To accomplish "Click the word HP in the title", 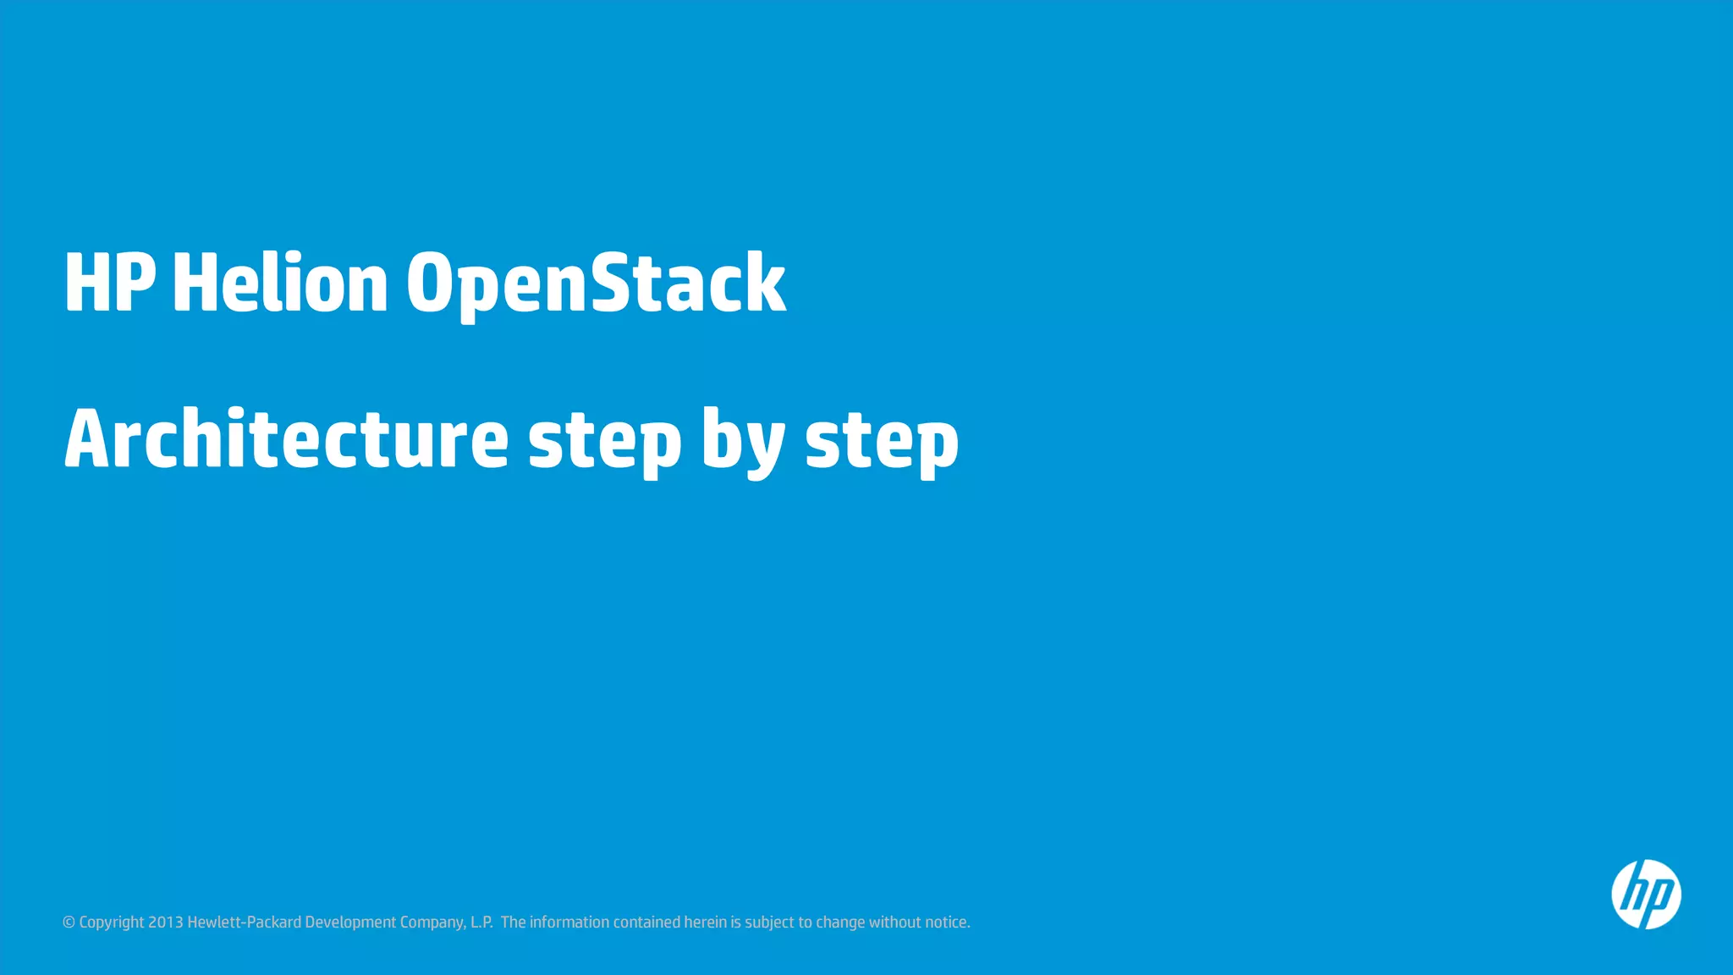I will (x=109, y=283).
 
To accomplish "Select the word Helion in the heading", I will (x=280, y=283).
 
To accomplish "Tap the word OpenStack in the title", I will (x=596, y=283).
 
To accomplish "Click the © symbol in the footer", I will (x=69, y=923).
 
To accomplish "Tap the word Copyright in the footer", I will (x=112, y=923).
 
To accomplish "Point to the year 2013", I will (x=166, y=923).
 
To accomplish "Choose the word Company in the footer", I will (x=432, y=923).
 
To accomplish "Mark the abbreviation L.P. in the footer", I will (x=481, y=923).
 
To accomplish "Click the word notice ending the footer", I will (x=947, y=923).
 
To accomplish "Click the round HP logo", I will (x=1646, y=895).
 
